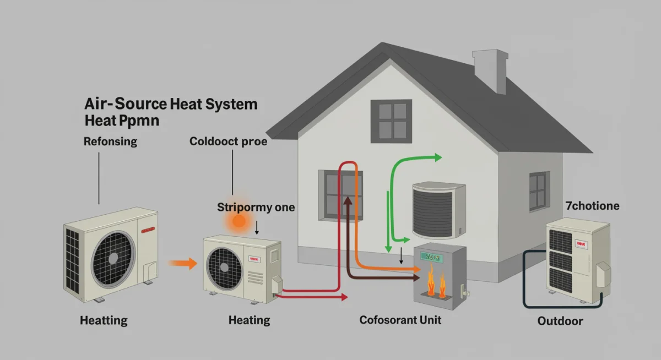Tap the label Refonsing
click(x=110, y=142)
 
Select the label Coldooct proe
click(x=228, y=141)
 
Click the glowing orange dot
click(x=239, y=221)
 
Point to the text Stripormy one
click(x=256, y=208)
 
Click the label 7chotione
click(x=592, y=206)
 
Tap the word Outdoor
click(x=560, y=321)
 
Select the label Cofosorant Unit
click(x=400, y=320)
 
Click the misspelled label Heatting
click(x=104, y=320)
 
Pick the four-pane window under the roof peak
click(x=391, y=119)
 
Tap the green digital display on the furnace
click(x=432, y=257)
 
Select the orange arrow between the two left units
click(x=182, y=264)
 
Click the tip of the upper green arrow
click(x=440, y=158)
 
